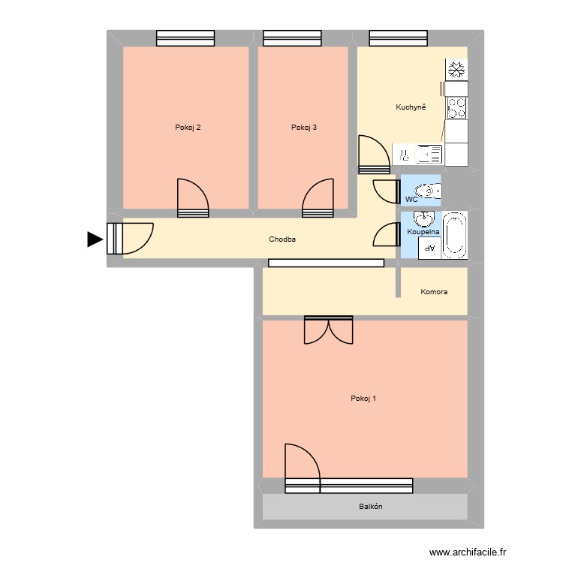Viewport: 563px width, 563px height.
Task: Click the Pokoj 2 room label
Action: pyautogui.click(x=187, y=128)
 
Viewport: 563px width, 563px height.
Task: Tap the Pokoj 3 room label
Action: pyautogui.click(x=303, y=128)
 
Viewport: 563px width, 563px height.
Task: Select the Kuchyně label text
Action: pyautogui.click(x=411, y=107)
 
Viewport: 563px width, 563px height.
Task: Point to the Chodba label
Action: pyautogui.click(x=282, y=239)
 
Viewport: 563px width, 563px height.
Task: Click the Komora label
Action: pyautogui.click(x=434, y=291)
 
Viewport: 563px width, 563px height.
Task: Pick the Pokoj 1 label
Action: pyautogui.click(x=363, y=399)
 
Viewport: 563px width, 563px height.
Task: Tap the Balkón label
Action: pyautogui.click(x=370, y=507)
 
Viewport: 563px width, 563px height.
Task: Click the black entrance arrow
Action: pyautogui.click(x=95, y=239)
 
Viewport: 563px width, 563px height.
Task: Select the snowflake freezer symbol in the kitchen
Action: pyautogui.click(x=456, y=71)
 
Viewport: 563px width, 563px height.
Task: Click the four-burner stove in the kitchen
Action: pyautogui.click(x=456, y=107)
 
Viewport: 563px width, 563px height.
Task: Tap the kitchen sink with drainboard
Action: pyautogui.click(x=429, y=155)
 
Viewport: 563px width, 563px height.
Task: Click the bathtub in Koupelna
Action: pyautogui.click(x=455, y=236)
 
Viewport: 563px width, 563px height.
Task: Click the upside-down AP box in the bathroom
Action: pyautogui.click(x=429, y=249)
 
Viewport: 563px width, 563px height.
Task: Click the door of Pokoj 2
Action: pyautogui.click(x=192, y=198)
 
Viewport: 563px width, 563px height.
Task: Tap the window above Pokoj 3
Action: pyautogui.click(x=292, y=38)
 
